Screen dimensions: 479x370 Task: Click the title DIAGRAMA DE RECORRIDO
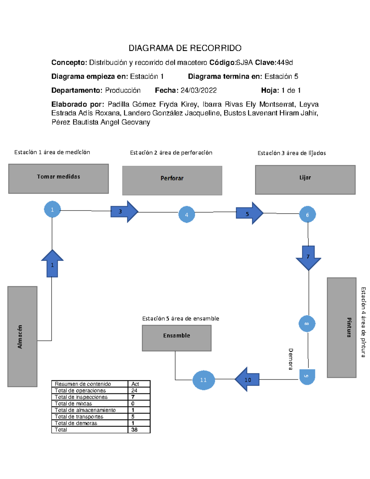pyautogui.click(x=185, y=48)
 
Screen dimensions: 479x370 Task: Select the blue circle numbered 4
pyautogui.click(x=187, y=215)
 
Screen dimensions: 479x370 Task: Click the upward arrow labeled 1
pyautogui.click(x=52, y=263)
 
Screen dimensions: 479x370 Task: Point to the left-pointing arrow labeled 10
pyautogui.click(x=247, y=379)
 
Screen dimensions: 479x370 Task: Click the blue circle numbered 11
pyautogui.click(x=203, y=380)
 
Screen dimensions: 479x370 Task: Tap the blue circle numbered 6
pyautogui.click(x=307, y=215)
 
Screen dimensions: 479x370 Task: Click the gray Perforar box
pyautogui.click(x=172, y=181)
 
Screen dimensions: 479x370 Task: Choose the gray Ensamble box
pyautogui.click(x=177, y=338)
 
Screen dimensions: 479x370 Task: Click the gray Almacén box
pyautogui.click(x=23, y=337)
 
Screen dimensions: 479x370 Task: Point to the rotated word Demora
pyautogui.click(x=290, y=359)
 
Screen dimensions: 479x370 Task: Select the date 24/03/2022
pyautogui.click(x=199, y=90)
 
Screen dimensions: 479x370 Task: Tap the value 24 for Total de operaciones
pyautogui.click(x=134, y=390)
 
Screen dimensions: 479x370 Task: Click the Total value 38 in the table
pyautogui.click(x=134, y=430)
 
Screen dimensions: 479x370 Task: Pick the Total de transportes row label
pyautogui.click(x=79, y=417)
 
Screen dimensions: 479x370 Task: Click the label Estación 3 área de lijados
pyautogui.click(x=292, y=153)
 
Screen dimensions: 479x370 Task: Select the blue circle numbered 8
pyautogui.click(x=307, y=324)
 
